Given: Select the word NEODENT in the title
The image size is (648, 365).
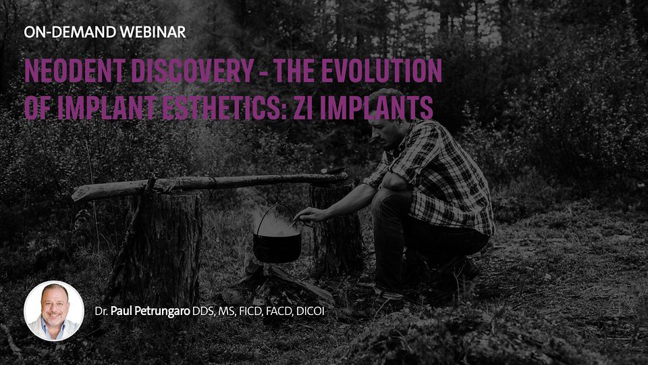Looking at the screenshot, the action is [75, 71].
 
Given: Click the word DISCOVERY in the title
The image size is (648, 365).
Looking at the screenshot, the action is [192, 71].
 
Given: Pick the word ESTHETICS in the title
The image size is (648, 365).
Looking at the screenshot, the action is [221, 107].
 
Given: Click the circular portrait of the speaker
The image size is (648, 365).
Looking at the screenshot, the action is [54, 311].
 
